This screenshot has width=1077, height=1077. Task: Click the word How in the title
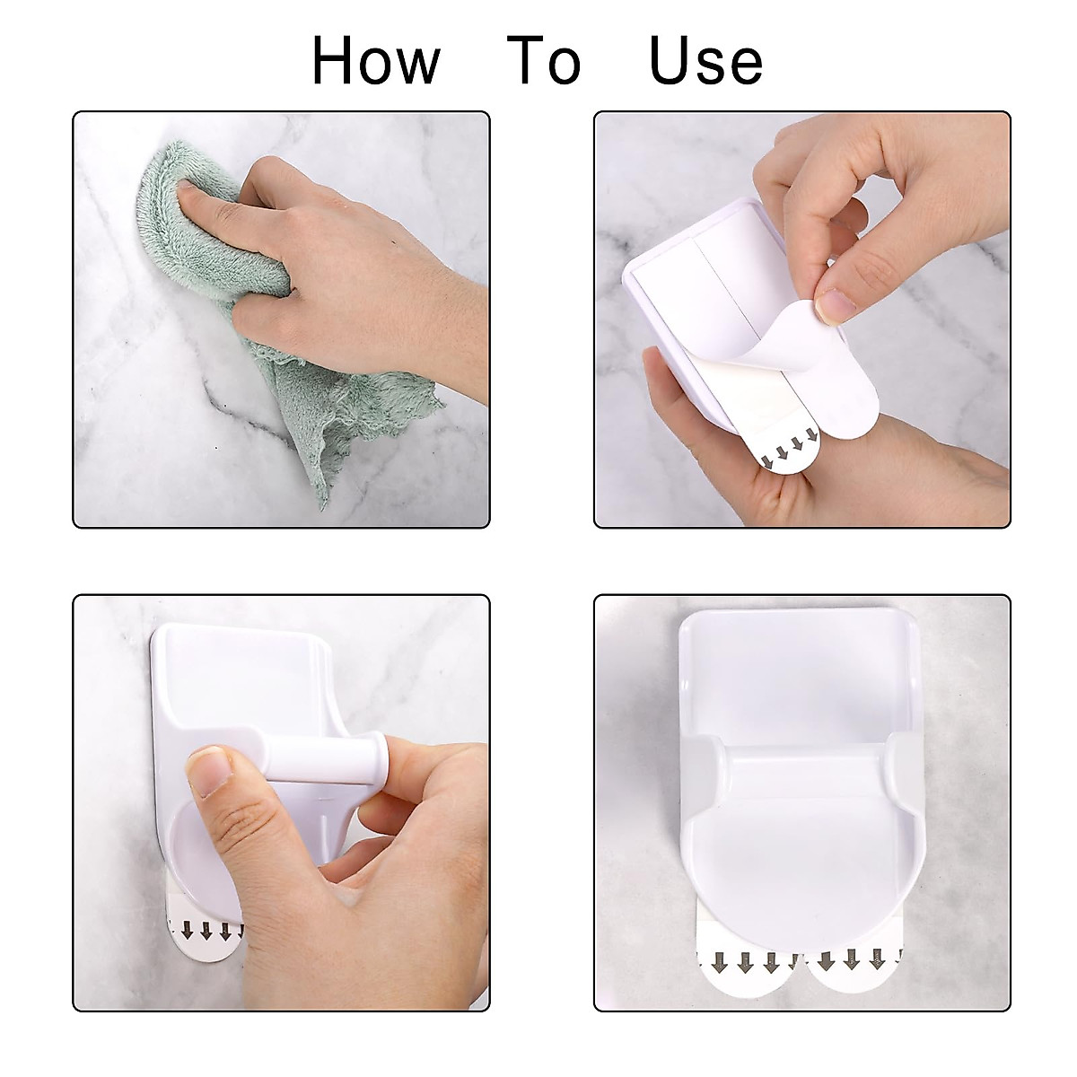[376, 61]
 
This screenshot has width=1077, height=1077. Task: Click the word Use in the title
[705, 61]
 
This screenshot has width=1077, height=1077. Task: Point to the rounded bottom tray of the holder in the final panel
[799, 853]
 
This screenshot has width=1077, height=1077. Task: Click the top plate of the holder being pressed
[238, 682]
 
